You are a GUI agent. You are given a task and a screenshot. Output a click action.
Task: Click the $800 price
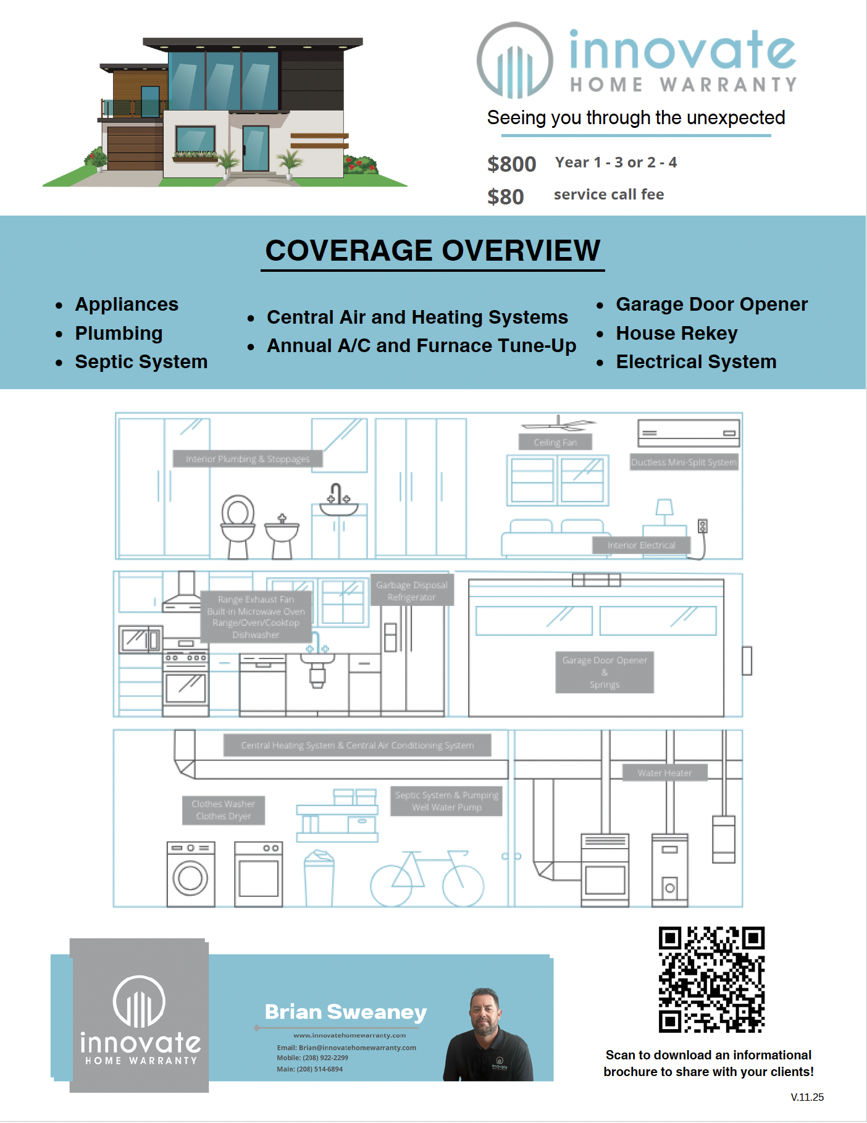[x=511, y=164]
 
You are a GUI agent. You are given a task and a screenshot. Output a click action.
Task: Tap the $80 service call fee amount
[x=505, y=197]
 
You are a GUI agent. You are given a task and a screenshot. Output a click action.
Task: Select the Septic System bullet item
[x=141, y=361]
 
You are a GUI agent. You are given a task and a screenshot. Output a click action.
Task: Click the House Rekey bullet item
[x=676, y=333]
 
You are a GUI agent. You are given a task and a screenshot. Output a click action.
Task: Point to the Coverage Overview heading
[x=432, y=251]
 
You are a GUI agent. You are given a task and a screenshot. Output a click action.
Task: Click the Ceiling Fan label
[x=555, y=442]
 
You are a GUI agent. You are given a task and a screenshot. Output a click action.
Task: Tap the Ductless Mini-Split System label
[x=684, y=462]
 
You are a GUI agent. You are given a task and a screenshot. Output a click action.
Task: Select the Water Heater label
[x=664, y=773]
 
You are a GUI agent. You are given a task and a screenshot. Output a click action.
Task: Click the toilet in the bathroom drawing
[x=238, y=525]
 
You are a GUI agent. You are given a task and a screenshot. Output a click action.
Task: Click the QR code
[x=711, y=980]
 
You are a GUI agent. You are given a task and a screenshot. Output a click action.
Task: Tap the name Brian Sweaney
[x=345, y=1012]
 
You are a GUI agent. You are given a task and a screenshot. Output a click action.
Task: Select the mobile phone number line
[x=312, y=1058]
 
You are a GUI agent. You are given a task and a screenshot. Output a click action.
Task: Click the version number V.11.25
[x=807, y=1097]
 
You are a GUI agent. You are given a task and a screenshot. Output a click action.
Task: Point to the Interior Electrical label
[x=640, y=545]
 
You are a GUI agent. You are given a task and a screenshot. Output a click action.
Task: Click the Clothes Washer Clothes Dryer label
[x=223, y=810]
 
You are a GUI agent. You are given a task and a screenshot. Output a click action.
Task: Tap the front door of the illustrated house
[x=255, y=148]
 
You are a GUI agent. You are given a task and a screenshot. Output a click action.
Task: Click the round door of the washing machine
[x=190, y=878]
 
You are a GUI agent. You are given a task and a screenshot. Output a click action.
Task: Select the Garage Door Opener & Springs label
[x=604, y=672]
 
